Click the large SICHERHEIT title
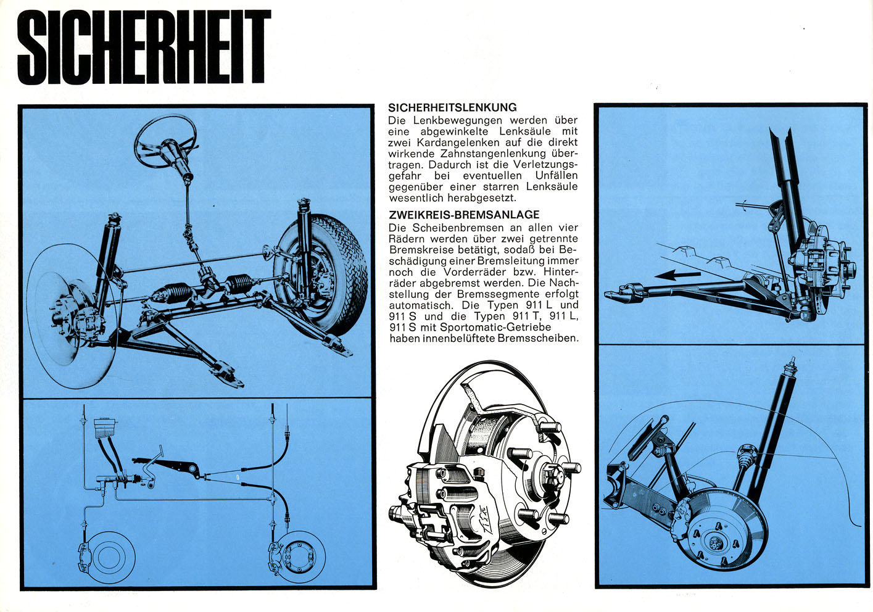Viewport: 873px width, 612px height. point(144,47)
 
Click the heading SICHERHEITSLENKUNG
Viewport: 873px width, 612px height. point(452,107)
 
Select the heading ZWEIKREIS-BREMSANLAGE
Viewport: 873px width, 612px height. point(464,215)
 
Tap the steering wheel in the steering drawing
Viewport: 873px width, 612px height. point(165,137)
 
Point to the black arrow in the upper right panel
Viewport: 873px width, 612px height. point(677,276)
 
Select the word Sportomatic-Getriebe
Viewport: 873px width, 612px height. point(495,327)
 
